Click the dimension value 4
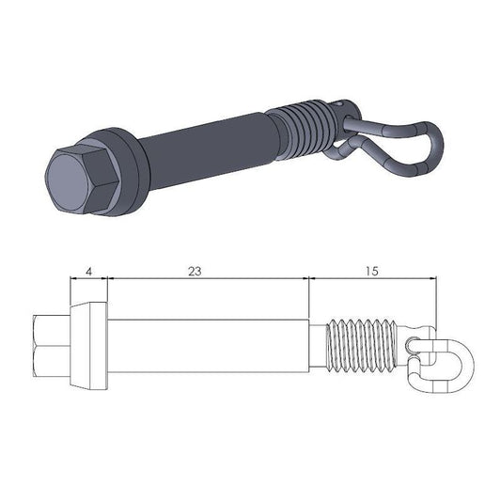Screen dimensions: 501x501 pos(88,271)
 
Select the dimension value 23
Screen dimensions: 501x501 pos(195,271)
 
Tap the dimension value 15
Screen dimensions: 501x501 pos(371,271)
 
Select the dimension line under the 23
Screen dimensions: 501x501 pos(207,279)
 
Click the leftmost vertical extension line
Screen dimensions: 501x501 pos(71,291)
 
